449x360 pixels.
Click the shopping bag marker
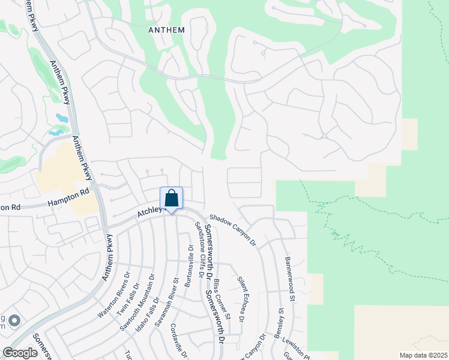tap(171, 198)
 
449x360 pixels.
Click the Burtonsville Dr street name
tap(190, 268)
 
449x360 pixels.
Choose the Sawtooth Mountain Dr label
tap(142, 295)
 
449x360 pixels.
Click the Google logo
tap(20, 353)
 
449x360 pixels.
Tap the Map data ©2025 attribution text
tap(423, 355)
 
